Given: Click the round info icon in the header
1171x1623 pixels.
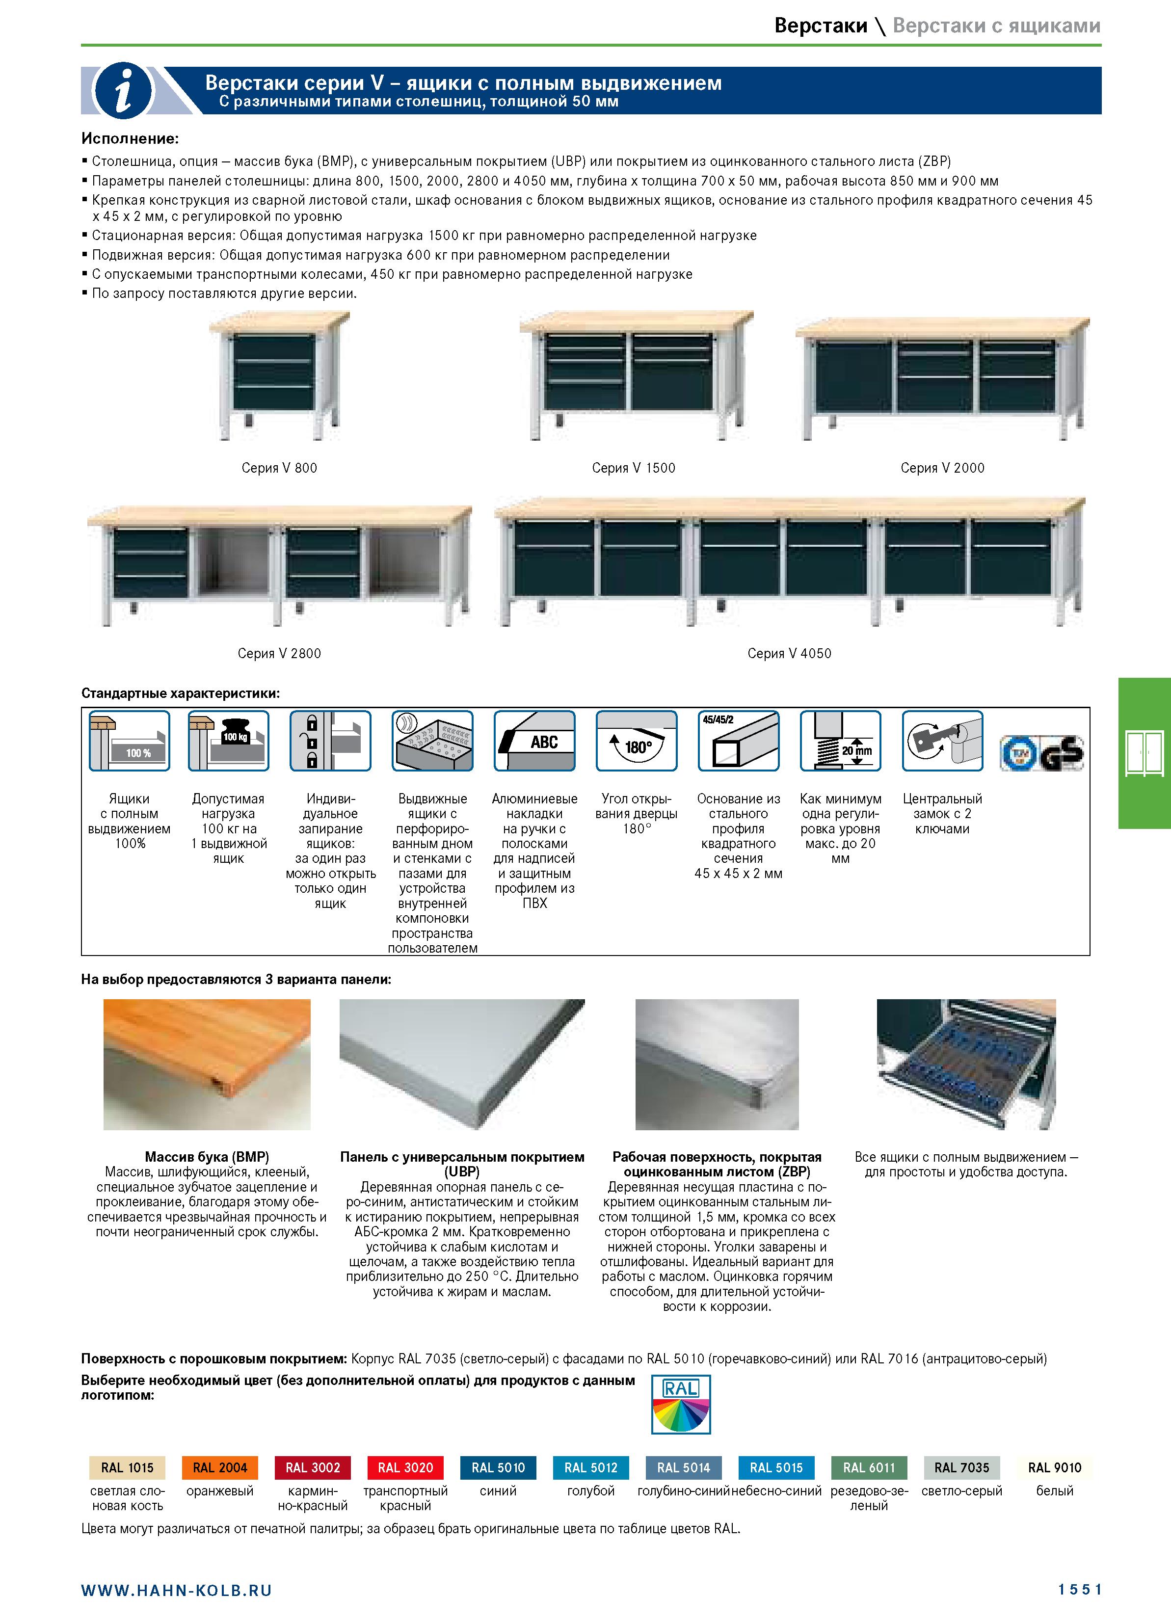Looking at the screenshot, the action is coord(123,91).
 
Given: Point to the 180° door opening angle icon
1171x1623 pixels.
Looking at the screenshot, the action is coord(637,741).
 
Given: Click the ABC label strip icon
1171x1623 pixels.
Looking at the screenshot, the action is coord(534,741).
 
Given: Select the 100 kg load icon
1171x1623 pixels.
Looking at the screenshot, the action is coord(228,741).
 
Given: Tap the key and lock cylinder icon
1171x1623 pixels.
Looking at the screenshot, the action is coord(943,741).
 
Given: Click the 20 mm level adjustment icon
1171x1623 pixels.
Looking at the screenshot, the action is coord(840,741).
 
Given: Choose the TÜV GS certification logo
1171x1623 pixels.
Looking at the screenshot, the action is coord(1041,753).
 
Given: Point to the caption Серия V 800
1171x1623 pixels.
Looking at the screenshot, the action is coord(279,468).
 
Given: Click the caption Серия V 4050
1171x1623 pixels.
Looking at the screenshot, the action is coord(790,653).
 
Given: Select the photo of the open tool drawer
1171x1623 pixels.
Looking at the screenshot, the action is coord(966,1064).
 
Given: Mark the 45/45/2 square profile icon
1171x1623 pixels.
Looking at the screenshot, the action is coord(739,741).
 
